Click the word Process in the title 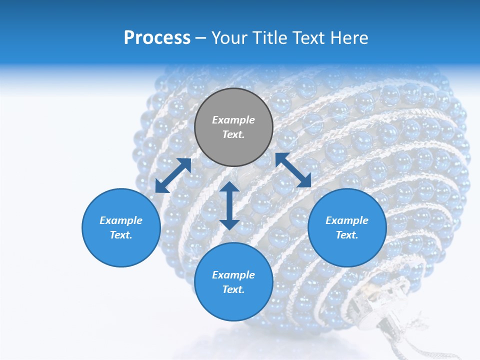click(157, 38)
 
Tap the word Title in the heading click(270, 38)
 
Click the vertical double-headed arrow click(229, 205)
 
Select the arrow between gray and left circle click(173, 175)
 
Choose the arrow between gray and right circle click(293, 170)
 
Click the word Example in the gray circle click(233, 120)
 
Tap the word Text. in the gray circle click(233, 134)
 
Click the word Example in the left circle click(121, 220)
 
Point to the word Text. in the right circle click(347, 235)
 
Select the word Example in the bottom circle click(233, 275)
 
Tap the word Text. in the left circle click(121, 235)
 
